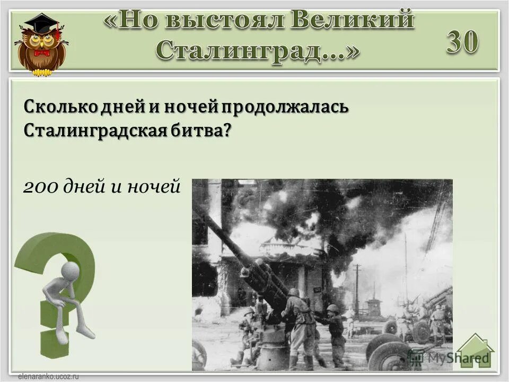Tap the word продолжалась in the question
click(x=284, y=106)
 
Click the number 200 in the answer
click(x=41, y=186)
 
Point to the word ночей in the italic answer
click(x=157, y=186)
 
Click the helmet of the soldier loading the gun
click(x=293, y=292)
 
